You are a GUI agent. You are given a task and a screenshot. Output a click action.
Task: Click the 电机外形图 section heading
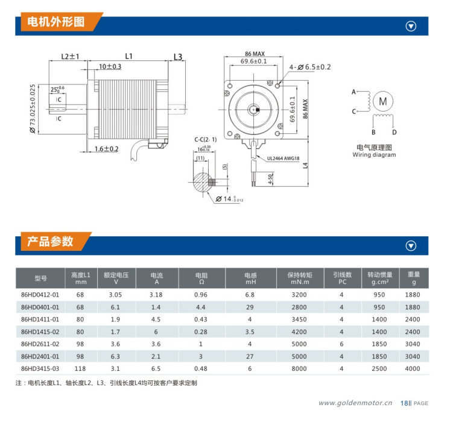coord(55,22)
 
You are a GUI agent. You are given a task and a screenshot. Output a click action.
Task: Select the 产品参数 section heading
coord(50,241)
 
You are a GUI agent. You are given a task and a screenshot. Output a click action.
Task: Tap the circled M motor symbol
coord(383,101)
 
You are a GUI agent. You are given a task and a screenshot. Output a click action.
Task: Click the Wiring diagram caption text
coord(374,155)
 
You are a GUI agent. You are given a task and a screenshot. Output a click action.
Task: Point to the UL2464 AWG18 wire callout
coord(283,158)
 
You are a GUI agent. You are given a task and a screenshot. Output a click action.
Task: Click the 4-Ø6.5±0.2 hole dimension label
coord(310,67)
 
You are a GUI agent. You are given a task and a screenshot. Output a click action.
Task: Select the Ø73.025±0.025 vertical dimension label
coord(33,109)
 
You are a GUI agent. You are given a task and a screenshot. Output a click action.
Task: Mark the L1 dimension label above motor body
coord(128,56)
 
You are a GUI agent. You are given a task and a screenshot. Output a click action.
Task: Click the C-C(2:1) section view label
coord(206,140)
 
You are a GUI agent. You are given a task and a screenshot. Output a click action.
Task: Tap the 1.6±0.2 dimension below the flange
coord(107,149)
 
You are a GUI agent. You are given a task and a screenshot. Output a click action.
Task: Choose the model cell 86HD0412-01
coord(40,295)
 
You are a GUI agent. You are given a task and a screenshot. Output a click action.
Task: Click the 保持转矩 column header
coord(300,275)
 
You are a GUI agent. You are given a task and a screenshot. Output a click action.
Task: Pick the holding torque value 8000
coord(299,369)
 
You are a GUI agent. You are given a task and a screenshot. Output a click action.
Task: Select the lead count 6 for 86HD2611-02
coord(341,344)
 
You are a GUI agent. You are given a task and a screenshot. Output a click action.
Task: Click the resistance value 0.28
coord(201,332)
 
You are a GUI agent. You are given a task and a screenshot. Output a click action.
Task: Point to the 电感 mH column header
coord(250,279)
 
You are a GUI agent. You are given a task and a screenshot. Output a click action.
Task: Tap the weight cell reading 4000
coord(413,369)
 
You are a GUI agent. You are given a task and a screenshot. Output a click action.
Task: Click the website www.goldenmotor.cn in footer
coord(355,403)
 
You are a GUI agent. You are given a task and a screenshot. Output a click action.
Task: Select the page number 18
coord(404,403)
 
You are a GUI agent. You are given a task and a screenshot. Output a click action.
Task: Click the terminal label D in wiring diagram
coord(394,132)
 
